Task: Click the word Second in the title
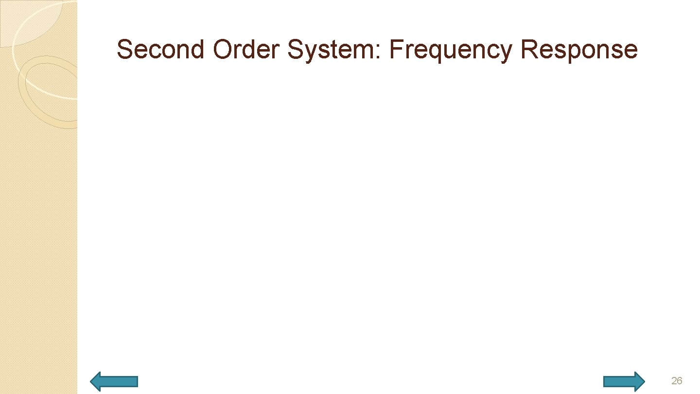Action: pyautogui.click(x=160, y=50)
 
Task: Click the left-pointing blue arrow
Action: pyautogui.click(x=115, y=381)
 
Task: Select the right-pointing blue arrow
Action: pyautogui.click(x=624, y=381)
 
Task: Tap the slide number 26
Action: pyautogui.click(x=677, y=381)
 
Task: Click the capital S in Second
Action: pyautogui.click(x=124, y=50)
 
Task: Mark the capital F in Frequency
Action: pyautogui.click(x=395, y=50)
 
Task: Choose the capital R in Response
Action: pyautogui.click(x=528, y=50)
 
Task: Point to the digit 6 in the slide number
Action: pyautogui.click(x=680, y=381)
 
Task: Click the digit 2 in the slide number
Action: pyautogui.click(x=674, y=381)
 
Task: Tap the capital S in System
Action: pyautogui.click(x=295, y=50)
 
